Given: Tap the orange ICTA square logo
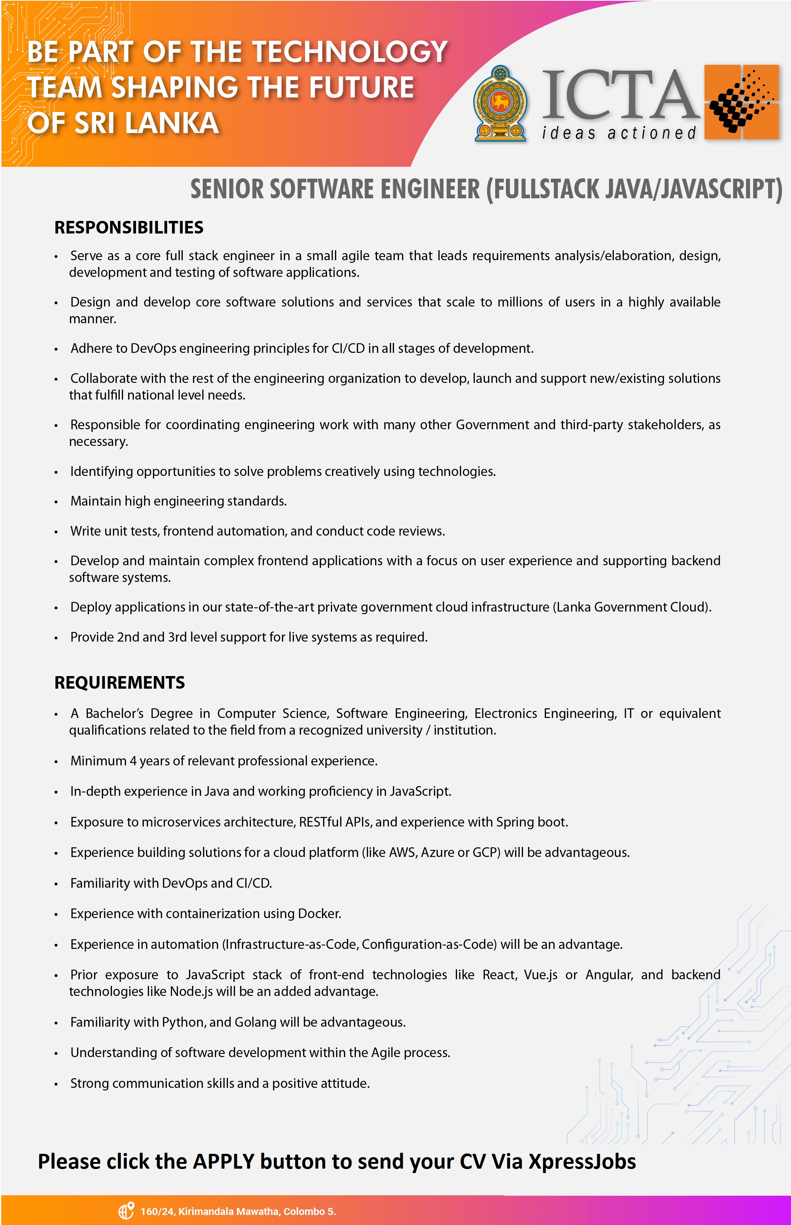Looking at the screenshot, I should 741,102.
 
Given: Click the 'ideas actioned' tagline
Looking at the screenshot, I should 619,133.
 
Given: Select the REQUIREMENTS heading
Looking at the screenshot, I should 120,683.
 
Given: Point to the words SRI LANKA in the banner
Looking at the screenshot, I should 146,123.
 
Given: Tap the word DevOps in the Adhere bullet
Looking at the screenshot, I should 153,348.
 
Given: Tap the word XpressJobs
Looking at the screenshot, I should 582,1161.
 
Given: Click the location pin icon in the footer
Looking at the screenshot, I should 126,1211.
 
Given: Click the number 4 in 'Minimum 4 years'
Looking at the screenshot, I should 133,761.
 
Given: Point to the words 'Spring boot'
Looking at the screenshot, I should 531,822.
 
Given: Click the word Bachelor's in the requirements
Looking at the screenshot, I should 115,714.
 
